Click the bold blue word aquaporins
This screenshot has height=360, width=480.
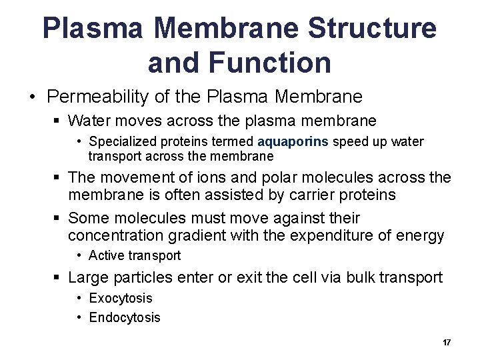click(x=293, y=141)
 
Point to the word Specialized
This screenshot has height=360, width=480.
click(x=122, y=141)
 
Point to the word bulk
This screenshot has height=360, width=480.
click(x=363, y=277)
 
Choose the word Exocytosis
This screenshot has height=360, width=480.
click(x=121, y=298)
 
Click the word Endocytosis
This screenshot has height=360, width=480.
click(x=125, y=317)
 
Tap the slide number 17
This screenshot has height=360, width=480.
click(x=447, y=343)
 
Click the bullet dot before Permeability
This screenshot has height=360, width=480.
click(x=32, y=97)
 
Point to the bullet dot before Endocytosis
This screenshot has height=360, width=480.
click(x=79, y=317)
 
